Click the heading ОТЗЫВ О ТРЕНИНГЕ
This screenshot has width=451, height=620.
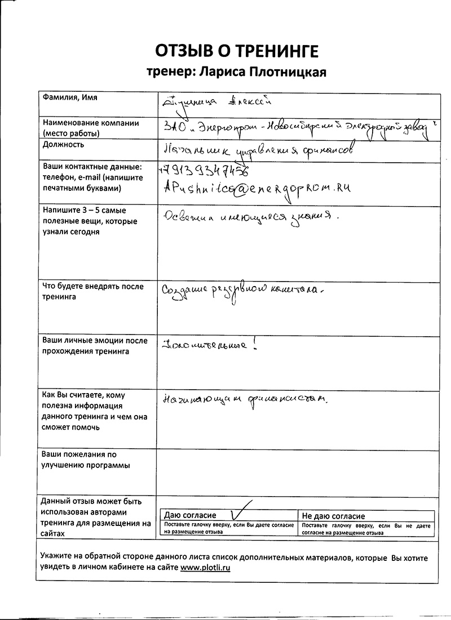pos(237,51)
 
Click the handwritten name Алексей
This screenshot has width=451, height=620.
pos(249,102)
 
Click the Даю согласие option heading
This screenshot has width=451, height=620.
pos(191,516)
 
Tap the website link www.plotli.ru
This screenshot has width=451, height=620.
pos(205,568)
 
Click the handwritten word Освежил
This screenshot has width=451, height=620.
pos(185,217)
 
